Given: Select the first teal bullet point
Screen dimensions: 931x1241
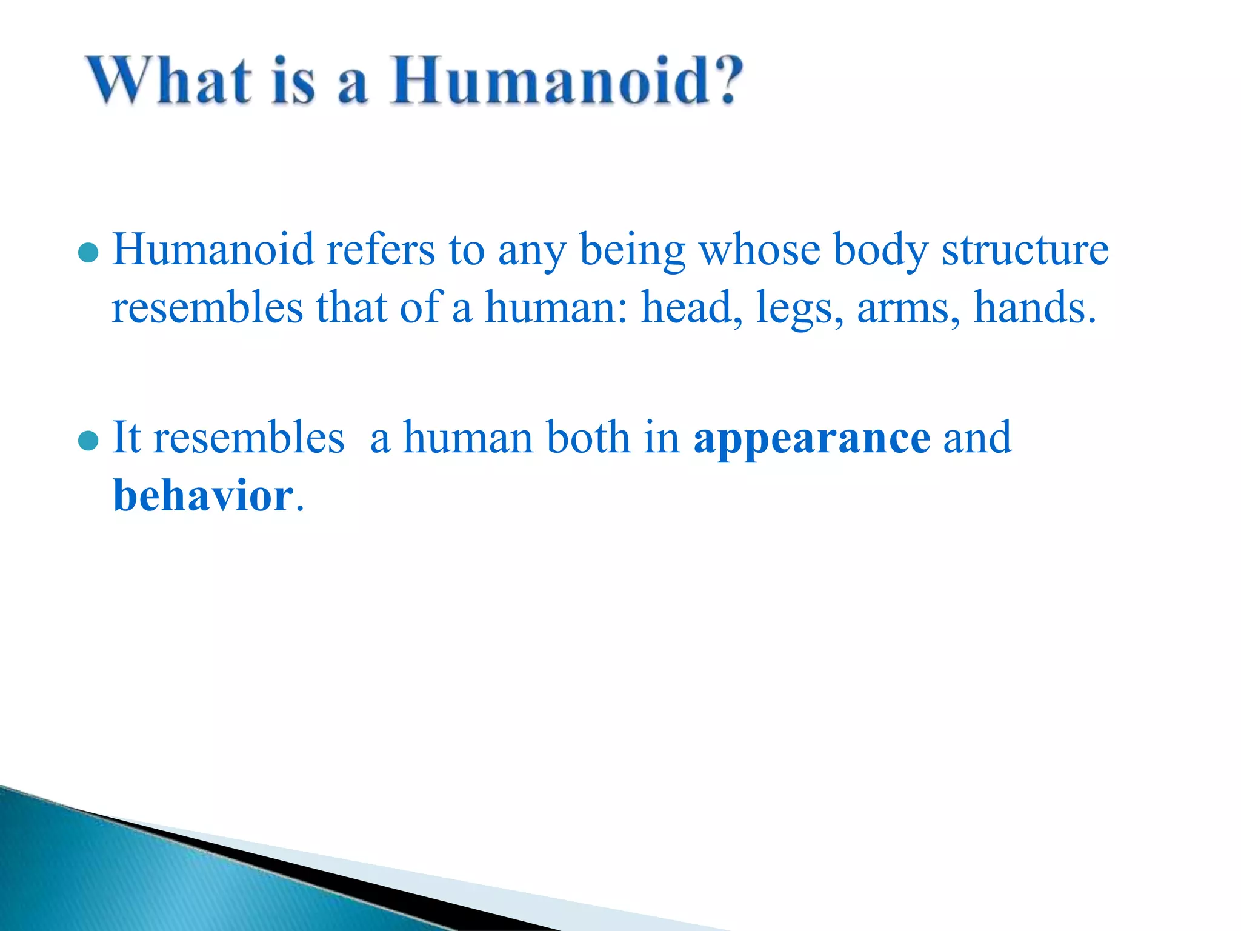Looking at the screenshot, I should click(88, 253).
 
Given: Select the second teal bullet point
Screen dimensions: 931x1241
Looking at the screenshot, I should click(88, 441).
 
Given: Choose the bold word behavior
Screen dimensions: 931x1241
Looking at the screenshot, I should click(204, 495).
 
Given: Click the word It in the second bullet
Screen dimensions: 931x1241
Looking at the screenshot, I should click(127, 437).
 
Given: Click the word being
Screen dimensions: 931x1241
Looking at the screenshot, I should click(632, 251).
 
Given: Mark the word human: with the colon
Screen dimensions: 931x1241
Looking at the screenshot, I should click(556, 307).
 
